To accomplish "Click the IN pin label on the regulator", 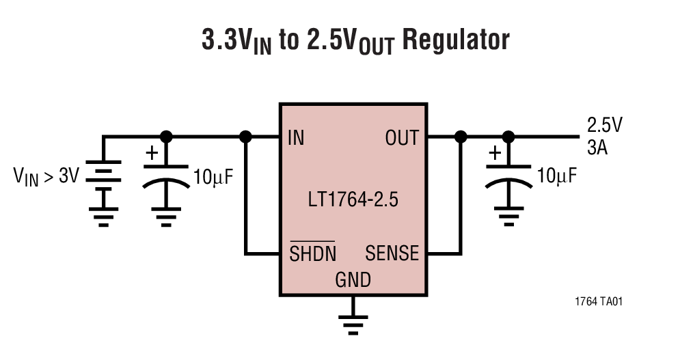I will pos(296,137).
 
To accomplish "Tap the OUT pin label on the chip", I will pos(402,137).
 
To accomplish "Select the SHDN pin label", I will pos(313,253).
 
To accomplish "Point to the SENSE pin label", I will pos(392,253).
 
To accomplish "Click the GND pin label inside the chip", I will pos(353,279).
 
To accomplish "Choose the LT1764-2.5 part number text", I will pos(353,202).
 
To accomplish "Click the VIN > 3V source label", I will pos(46,176).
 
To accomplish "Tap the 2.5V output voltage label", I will pos(605,125).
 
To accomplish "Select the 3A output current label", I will pos(597,148).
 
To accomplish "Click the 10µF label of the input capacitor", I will pos(213,176).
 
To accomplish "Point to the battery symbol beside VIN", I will pos(103,176).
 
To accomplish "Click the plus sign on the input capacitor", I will pos(151,154).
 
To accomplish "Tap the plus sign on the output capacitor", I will pos(494,154).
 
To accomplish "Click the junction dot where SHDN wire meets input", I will pos(246,137).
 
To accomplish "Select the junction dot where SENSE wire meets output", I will pos(461,137).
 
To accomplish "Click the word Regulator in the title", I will pos(455,40).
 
